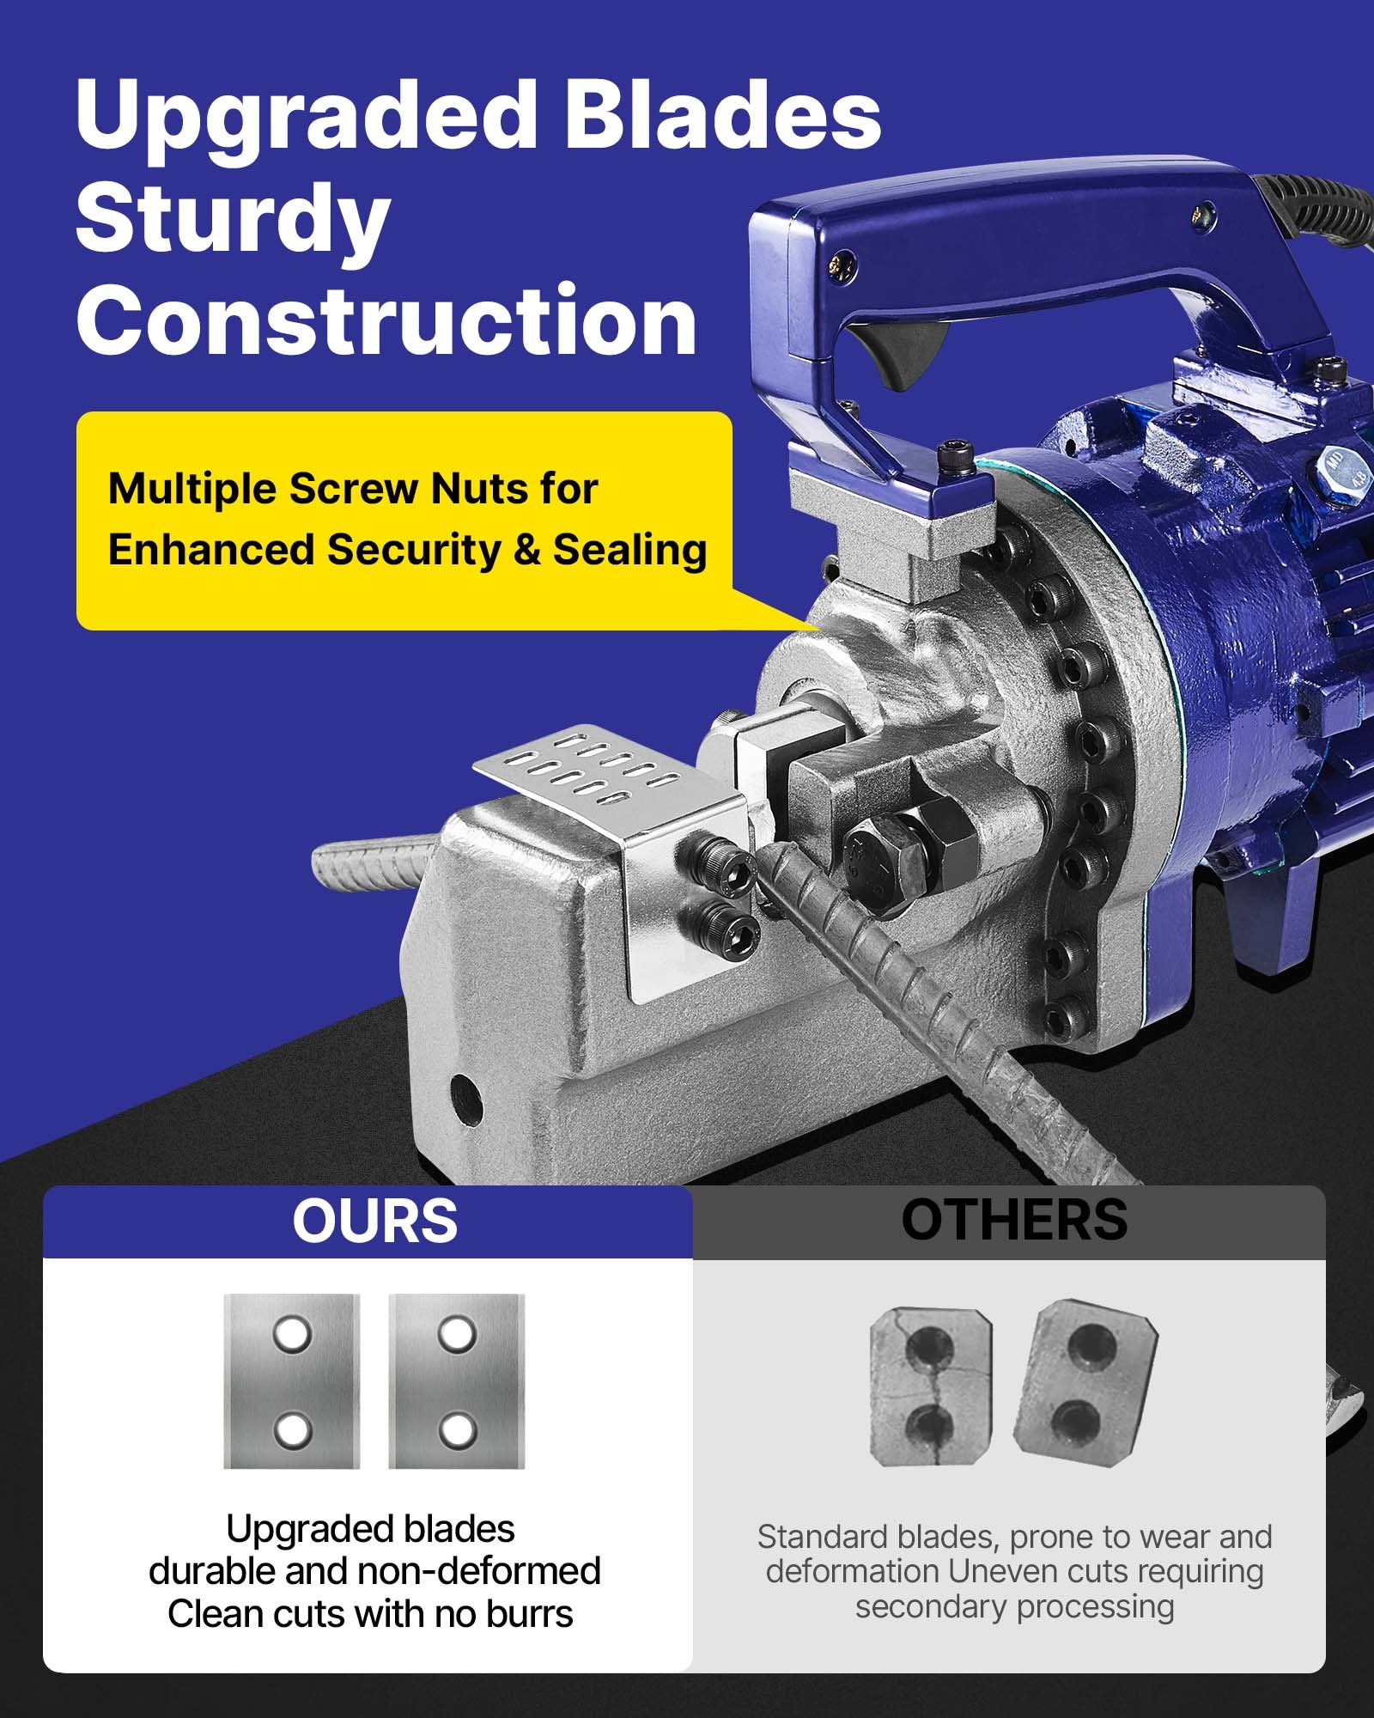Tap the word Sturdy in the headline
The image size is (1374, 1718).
234,222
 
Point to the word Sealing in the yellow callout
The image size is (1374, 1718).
629,551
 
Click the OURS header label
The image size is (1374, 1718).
375,1221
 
